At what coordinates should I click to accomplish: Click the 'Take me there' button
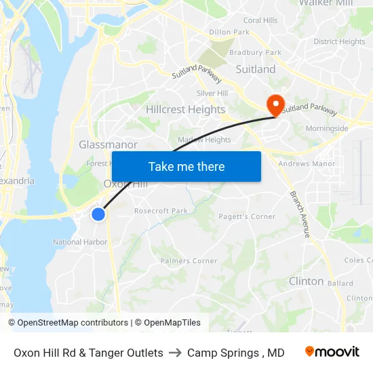pos(186,166)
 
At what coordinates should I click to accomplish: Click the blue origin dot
pos(98,214)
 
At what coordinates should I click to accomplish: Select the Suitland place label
pos(256,69)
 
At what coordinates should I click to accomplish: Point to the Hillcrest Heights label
pos(185,109)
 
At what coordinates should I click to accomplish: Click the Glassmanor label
pos(108,144)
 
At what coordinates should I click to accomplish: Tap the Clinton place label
pos(306,281)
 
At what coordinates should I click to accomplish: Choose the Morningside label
pos(327,128)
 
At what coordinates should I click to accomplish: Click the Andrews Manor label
pos(307,163)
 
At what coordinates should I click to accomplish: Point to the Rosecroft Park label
pos(161,211)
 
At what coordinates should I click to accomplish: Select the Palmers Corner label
pos(189,260)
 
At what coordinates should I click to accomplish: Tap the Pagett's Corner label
pos(247,216)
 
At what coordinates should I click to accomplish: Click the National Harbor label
pos(80,242)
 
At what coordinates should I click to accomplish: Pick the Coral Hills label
pos(260,20)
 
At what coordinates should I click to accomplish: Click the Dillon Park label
pos(229,32)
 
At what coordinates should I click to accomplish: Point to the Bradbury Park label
pos(255,52)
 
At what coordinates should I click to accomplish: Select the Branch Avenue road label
pos(299,214)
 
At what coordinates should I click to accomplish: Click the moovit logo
pos(332,352)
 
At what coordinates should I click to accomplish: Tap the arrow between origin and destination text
pos(175,353)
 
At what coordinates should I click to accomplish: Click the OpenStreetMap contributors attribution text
pos(68,323)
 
